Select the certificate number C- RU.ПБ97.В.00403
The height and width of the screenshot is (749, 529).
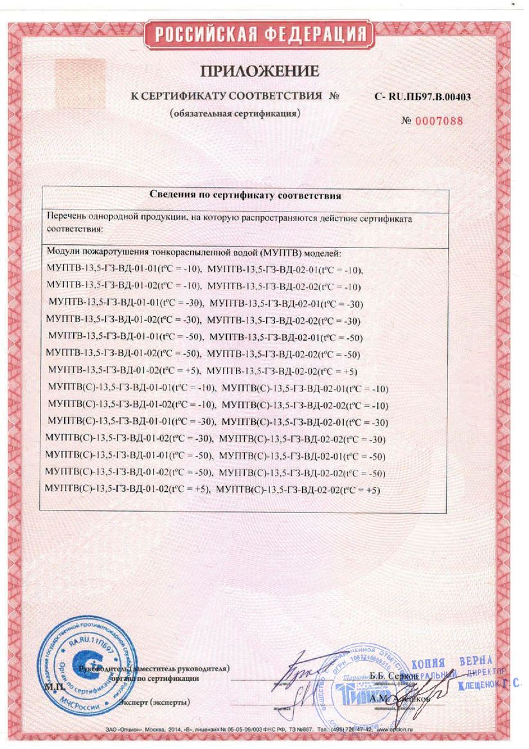[422, 96]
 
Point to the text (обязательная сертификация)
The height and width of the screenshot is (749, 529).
[235, 114]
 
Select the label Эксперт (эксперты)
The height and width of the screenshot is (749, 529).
[154, 701]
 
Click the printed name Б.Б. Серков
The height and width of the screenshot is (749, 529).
[394, 676]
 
